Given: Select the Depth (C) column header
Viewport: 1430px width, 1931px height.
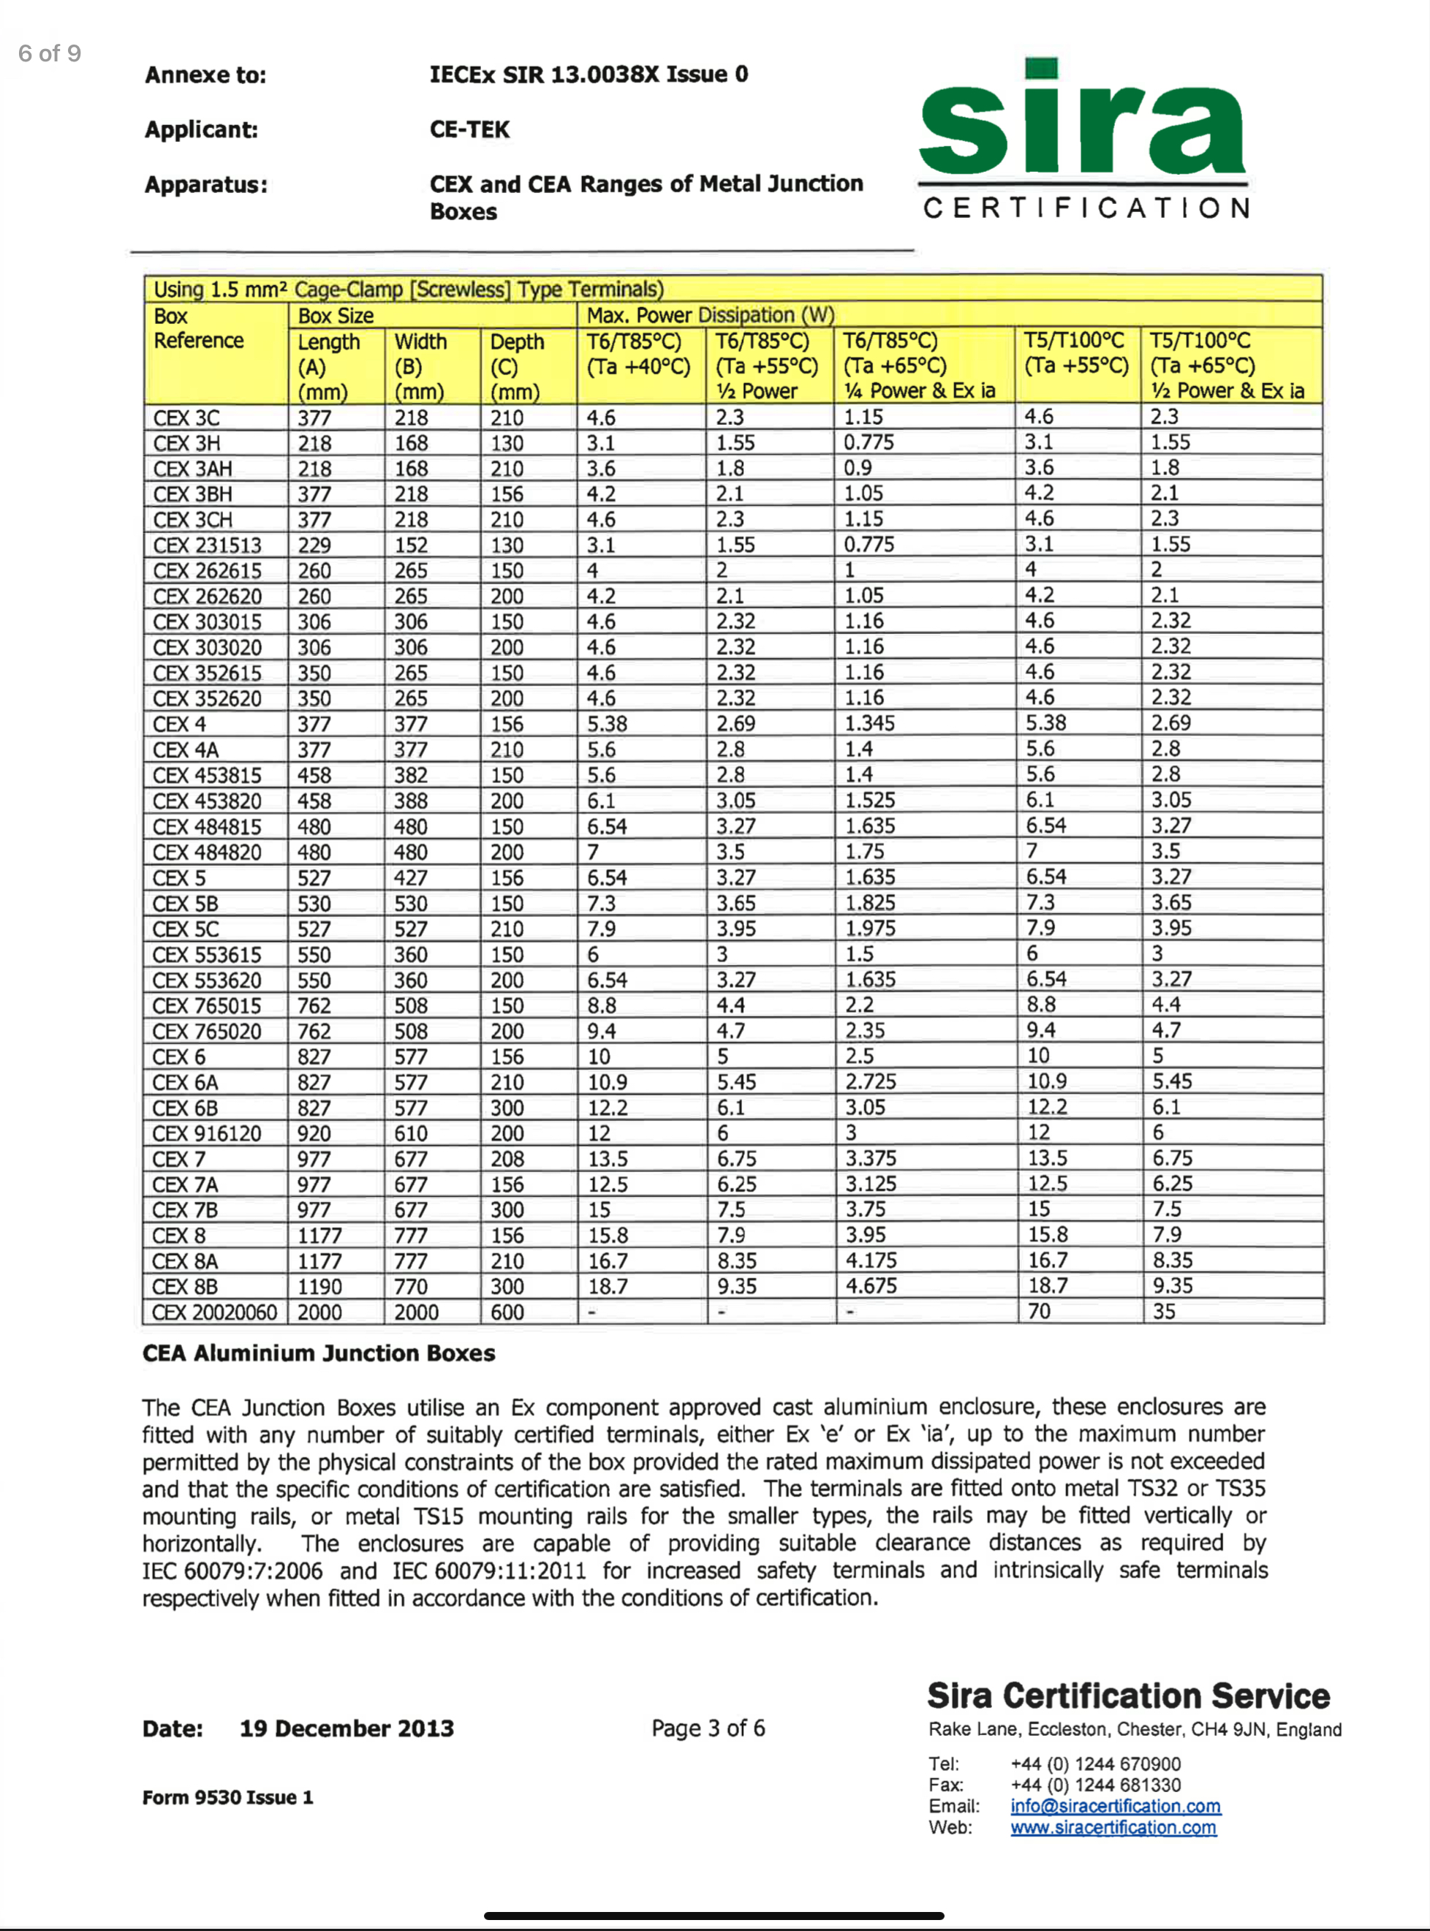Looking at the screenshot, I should (x=517, y=366).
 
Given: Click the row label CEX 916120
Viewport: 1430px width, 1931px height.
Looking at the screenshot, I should (x=207, y=1133).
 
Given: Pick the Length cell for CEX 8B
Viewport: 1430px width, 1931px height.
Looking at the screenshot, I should (x=319, y=1287).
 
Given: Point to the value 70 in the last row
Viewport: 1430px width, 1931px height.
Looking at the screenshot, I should (x=1039, y=1311).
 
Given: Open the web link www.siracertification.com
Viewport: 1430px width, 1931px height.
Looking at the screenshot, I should (x=1113, y=1827).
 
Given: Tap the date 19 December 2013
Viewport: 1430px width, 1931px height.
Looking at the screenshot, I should (x=347, y=1728).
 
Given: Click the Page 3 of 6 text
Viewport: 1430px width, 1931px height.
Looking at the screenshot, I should (x=708, y=1728).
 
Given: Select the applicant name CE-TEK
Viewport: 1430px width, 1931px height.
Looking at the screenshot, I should (x=469, y=130).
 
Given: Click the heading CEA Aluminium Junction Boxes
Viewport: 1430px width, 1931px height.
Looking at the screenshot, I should (x=319, y=1353).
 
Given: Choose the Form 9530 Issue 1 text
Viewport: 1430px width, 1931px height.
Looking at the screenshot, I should (x=227, y=1798).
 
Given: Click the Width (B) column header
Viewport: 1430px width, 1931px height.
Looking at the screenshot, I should (x=420, y=366).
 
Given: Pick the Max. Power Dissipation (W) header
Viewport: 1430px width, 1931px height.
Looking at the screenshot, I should (x=710, y=315).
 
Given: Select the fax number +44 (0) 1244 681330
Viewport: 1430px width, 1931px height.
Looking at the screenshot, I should (x=1095, y=1785).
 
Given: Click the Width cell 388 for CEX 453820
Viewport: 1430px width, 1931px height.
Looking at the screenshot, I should (x=410, y=801).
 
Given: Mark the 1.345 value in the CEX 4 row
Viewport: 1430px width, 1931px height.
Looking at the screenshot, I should (x=870, y=724).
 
